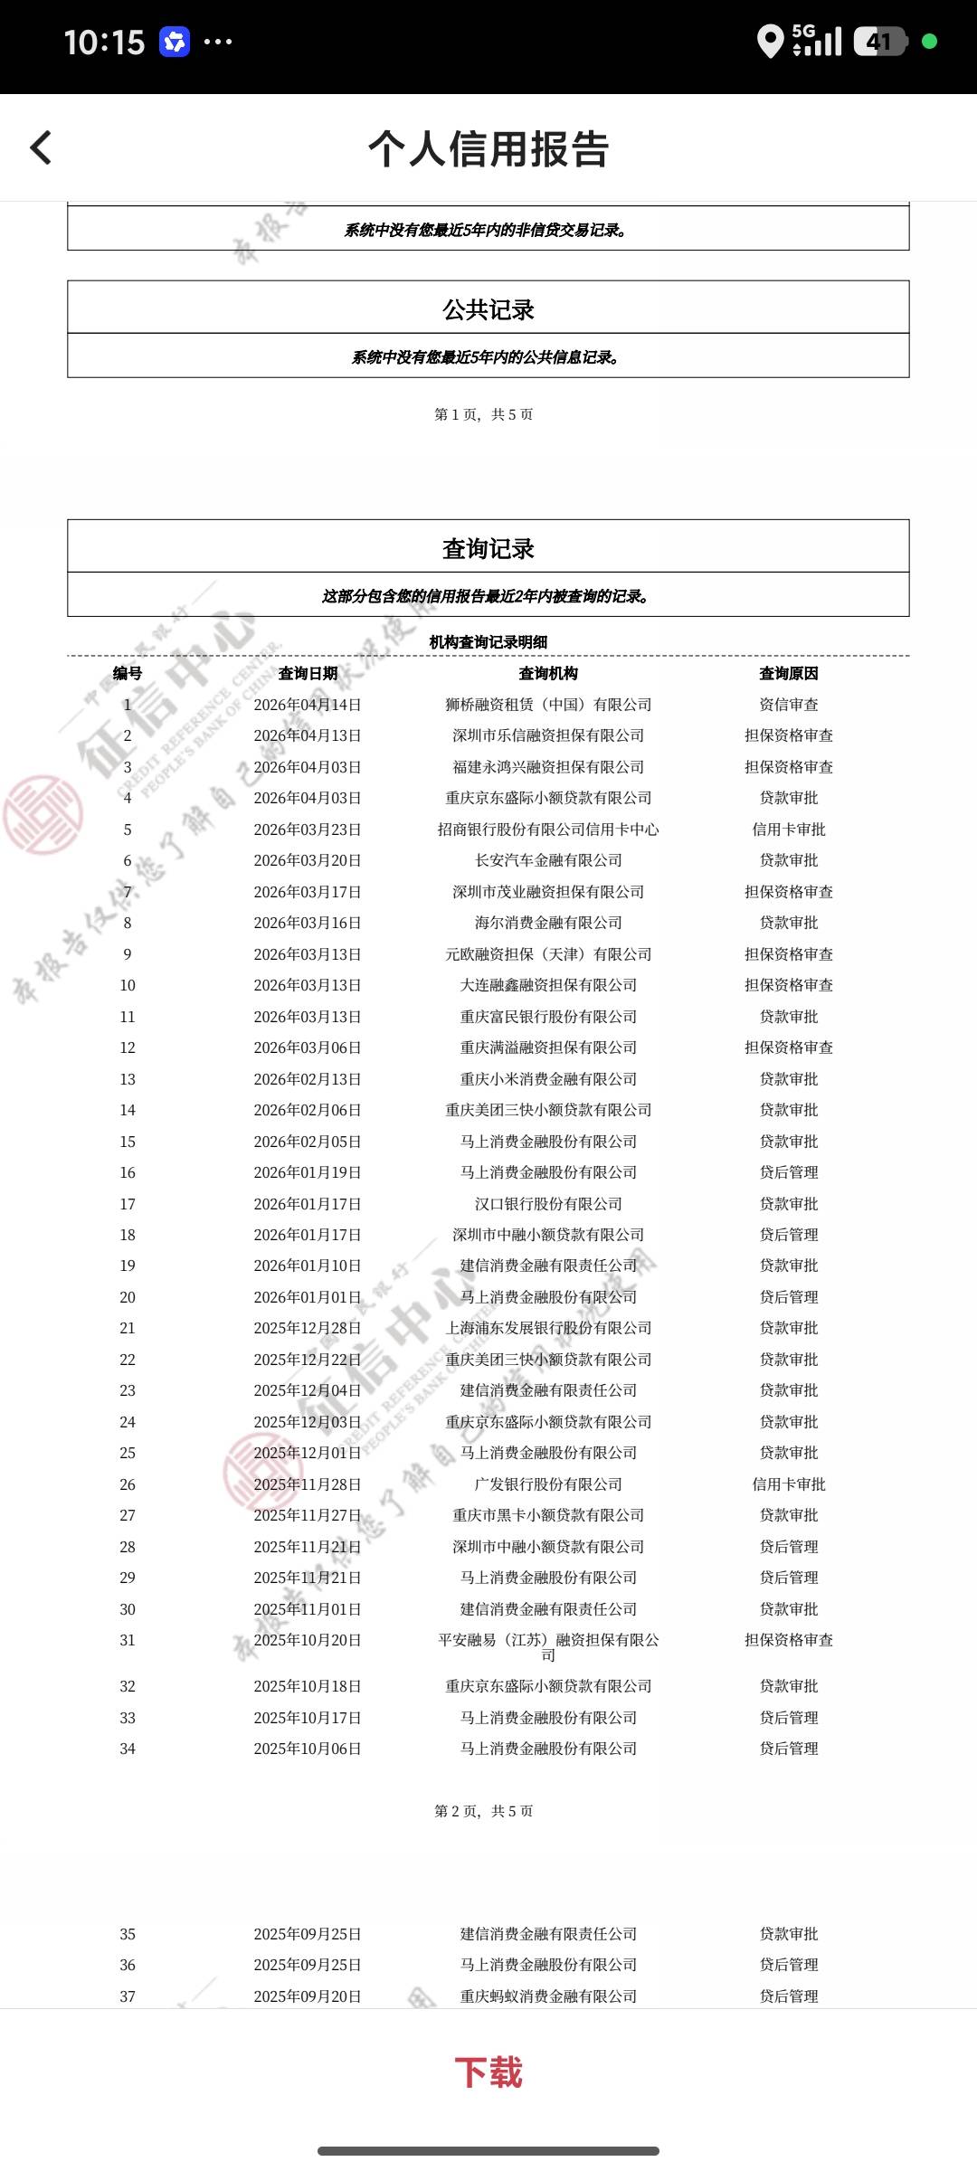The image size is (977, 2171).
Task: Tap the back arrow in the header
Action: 42,148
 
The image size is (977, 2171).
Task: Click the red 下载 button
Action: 488,2072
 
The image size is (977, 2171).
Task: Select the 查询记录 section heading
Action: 488,548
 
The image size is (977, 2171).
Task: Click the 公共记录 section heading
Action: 488,309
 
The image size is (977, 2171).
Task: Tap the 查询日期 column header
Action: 308,673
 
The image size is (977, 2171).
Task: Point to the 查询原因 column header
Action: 788,673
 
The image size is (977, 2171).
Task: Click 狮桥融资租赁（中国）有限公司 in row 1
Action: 548,705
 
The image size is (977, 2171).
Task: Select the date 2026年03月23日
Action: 308,830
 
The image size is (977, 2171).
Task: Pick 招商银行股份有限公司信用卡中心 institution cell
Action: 548,830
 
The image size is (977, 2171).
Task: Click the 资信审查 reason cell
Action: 788,705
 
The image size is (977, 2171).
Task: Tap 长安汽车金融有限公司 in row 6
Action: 548,860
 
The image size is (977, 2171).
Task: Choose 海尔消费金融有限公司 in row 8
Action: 548,923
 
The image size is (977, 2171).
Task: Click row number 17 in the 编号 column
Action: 128,1204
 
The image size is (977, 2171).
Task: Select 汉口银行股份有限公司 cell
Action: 548,1204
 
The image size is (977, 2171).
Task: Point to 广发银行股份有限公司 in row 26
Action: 548,1484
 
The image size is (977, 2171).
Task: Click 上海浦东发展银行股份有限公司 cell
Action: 548,1328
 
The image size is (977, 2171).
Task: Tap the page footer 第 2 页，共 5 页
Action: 484,1811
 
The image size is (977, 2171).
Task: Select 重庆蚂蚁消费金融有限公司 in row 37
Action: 548,1996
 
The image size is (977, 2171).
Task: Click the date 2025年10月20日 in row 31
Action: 308,1640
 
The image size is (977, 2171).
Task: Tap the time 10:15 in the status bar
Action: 104,43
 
